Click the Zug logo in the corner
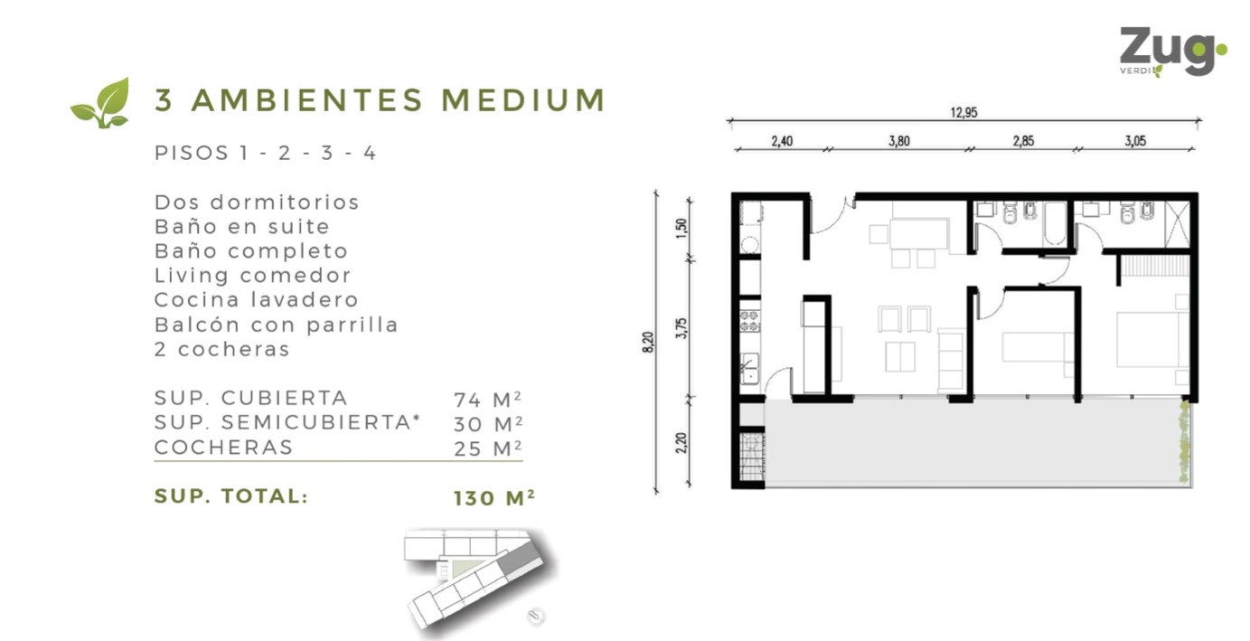point(1173,52)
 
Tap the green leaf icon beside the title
point(101,103)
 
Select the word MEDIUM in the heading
point(523,100)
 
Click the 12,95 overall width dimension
point(963,112)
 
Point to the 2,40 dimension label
point(782,141)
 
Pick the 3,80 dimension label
point(899,141)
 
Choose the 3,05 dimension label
point(1135,141)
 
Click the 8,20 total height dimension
point(647,342)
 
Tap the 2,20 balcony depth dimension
point(681,443)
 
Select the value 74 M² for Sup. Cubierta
point(488,400)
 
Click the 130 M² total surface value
point(493,497)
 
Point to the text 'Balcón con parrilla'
point(277,325)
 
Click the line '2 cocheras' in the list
point(222,349)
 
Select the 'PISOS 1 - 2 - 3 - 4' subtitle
point(266,153)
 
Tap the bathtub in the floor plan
point(1054,223)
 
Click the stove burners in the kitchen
point(749,320)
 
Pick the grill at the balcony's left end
point(752,457)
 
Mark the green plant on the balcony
point(1183,441)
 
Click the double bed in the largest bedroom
point(1152,339)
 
